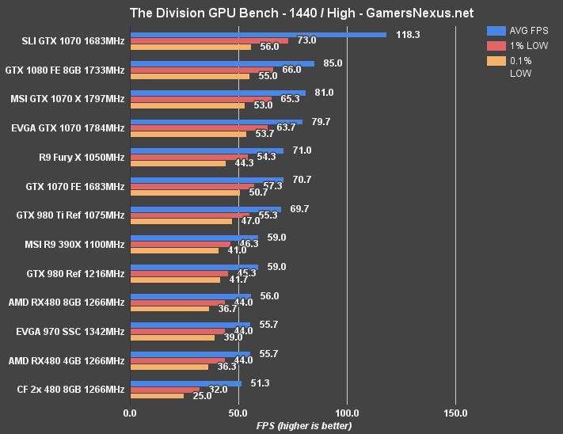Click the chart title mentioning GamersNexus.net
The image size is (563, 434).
(x=280, y=13)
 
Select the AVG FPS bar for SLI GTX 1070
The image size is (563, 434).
(x=257, y=35)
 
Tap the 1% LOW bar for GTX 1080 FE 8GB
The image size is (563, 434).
(x=201, y=70)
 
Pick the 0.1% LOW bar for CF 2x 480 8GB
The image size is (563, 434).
(x=157, y=395)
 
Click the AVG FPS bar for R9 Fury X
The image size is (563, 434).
(x=206, y=150)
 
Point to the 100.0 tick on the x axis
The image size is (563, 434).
(x=347, y=413)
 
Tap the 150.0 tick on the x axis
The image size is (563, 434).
(x=455, y=413)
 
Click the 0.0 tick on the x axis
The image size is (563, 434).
(x=130, y=413)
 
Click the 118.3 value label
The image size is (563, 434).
(x=409, y=35)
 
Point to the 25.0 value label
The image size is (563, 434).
(x=202, y=395)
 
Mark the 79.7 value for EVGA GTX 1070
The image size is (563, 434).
(x=321, y=121)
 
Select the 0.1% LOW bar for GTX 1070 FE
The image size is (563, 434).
(x=184, y=192)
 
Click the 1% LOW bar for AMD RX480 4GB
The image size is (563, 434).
(x=177, y=360)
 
